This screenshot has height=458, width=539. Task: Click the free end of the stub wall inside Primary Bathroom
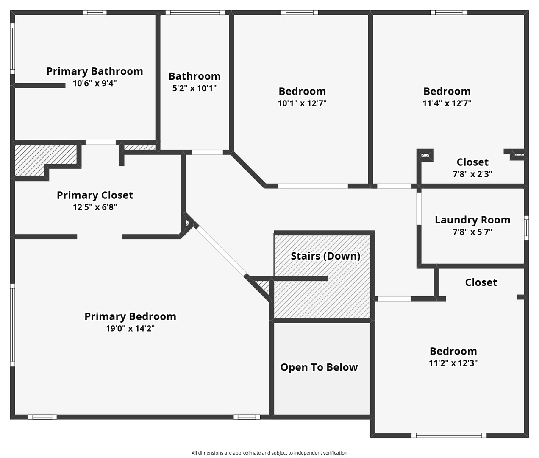coord(65,85)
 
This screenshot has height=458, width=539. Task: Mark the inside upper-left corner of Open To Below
coord(274,323)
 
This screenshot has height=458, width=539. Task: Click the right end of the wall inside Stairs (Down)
coord(328,279)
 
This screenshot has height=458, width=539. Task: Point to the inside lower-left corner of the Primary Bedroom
coord(15,414)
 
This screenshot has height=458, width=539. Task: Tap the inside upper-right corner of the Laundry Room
coord(524,189)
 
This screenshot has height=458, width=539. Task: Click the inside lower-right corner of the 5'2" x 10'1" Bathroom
coord(229,150)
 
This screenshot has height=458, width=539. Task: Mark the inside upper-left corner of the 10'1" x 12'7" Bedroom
coord(233,15)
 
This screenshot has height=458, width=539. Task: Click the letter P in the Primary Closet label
coord(60,195)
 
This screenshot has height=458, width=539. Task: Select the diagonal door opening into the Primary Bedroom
coord(221,251)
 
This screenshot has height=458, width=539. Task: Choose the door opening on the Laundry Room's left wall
coord(419,209)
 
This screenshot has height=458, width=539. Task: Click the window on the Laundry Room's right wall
coord(526,228)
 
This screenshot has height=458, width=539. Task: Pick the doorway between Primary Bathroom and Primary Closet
coord(101,142)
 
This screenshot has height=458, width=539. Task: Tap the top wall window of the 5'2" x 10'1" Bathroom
coord(195,13)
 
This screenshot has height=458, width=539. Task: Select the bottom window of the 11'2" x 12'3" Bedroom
coord(449,435)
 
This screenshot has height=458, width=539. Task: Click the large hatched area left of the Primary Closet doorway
coord(45,160)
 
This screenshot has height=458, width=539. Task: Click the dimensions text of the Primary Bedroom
coord(130,328)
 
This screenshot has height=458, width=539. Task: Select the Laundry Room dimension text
coord(472,232)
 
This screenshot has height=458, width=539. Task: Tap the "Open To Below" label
coord(319,367)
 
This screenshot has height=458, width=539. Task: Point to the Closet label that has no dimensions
coord(481,282)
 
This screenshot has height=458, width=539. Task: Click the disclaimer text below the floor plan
coord(269,453)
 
